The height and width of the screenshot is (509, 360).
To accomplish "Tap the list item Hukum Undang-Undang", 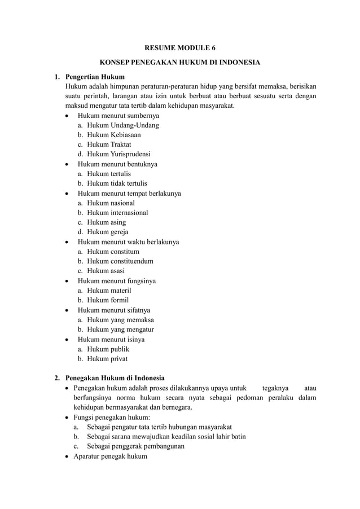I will coord(122,125).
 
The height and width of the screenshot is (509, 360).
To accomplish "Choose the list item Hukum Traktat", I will coord(109,144).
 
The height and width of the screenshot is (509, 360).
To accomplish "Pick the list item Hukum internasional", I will coord(117,213).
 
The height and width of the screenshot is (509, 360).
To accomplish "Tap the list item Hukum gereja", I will coord(108,232).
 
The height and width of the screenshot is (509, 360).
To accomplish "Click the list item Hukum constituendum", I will coord(120,261).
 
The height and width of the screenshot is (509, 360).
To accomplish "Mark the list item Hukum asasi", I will coord(106,271).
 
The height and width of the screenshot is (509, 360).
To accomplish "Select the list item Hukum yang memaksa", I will coord(120,320).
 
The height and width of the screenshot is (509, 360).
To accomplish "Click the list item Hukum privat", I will coord(107,358).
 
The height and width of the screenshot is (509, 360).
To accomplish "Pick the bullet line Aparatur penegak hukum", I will coord(110,456).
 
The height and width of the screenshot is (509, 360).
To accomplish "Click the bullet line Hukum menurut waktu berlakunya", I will coord(128,242).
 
